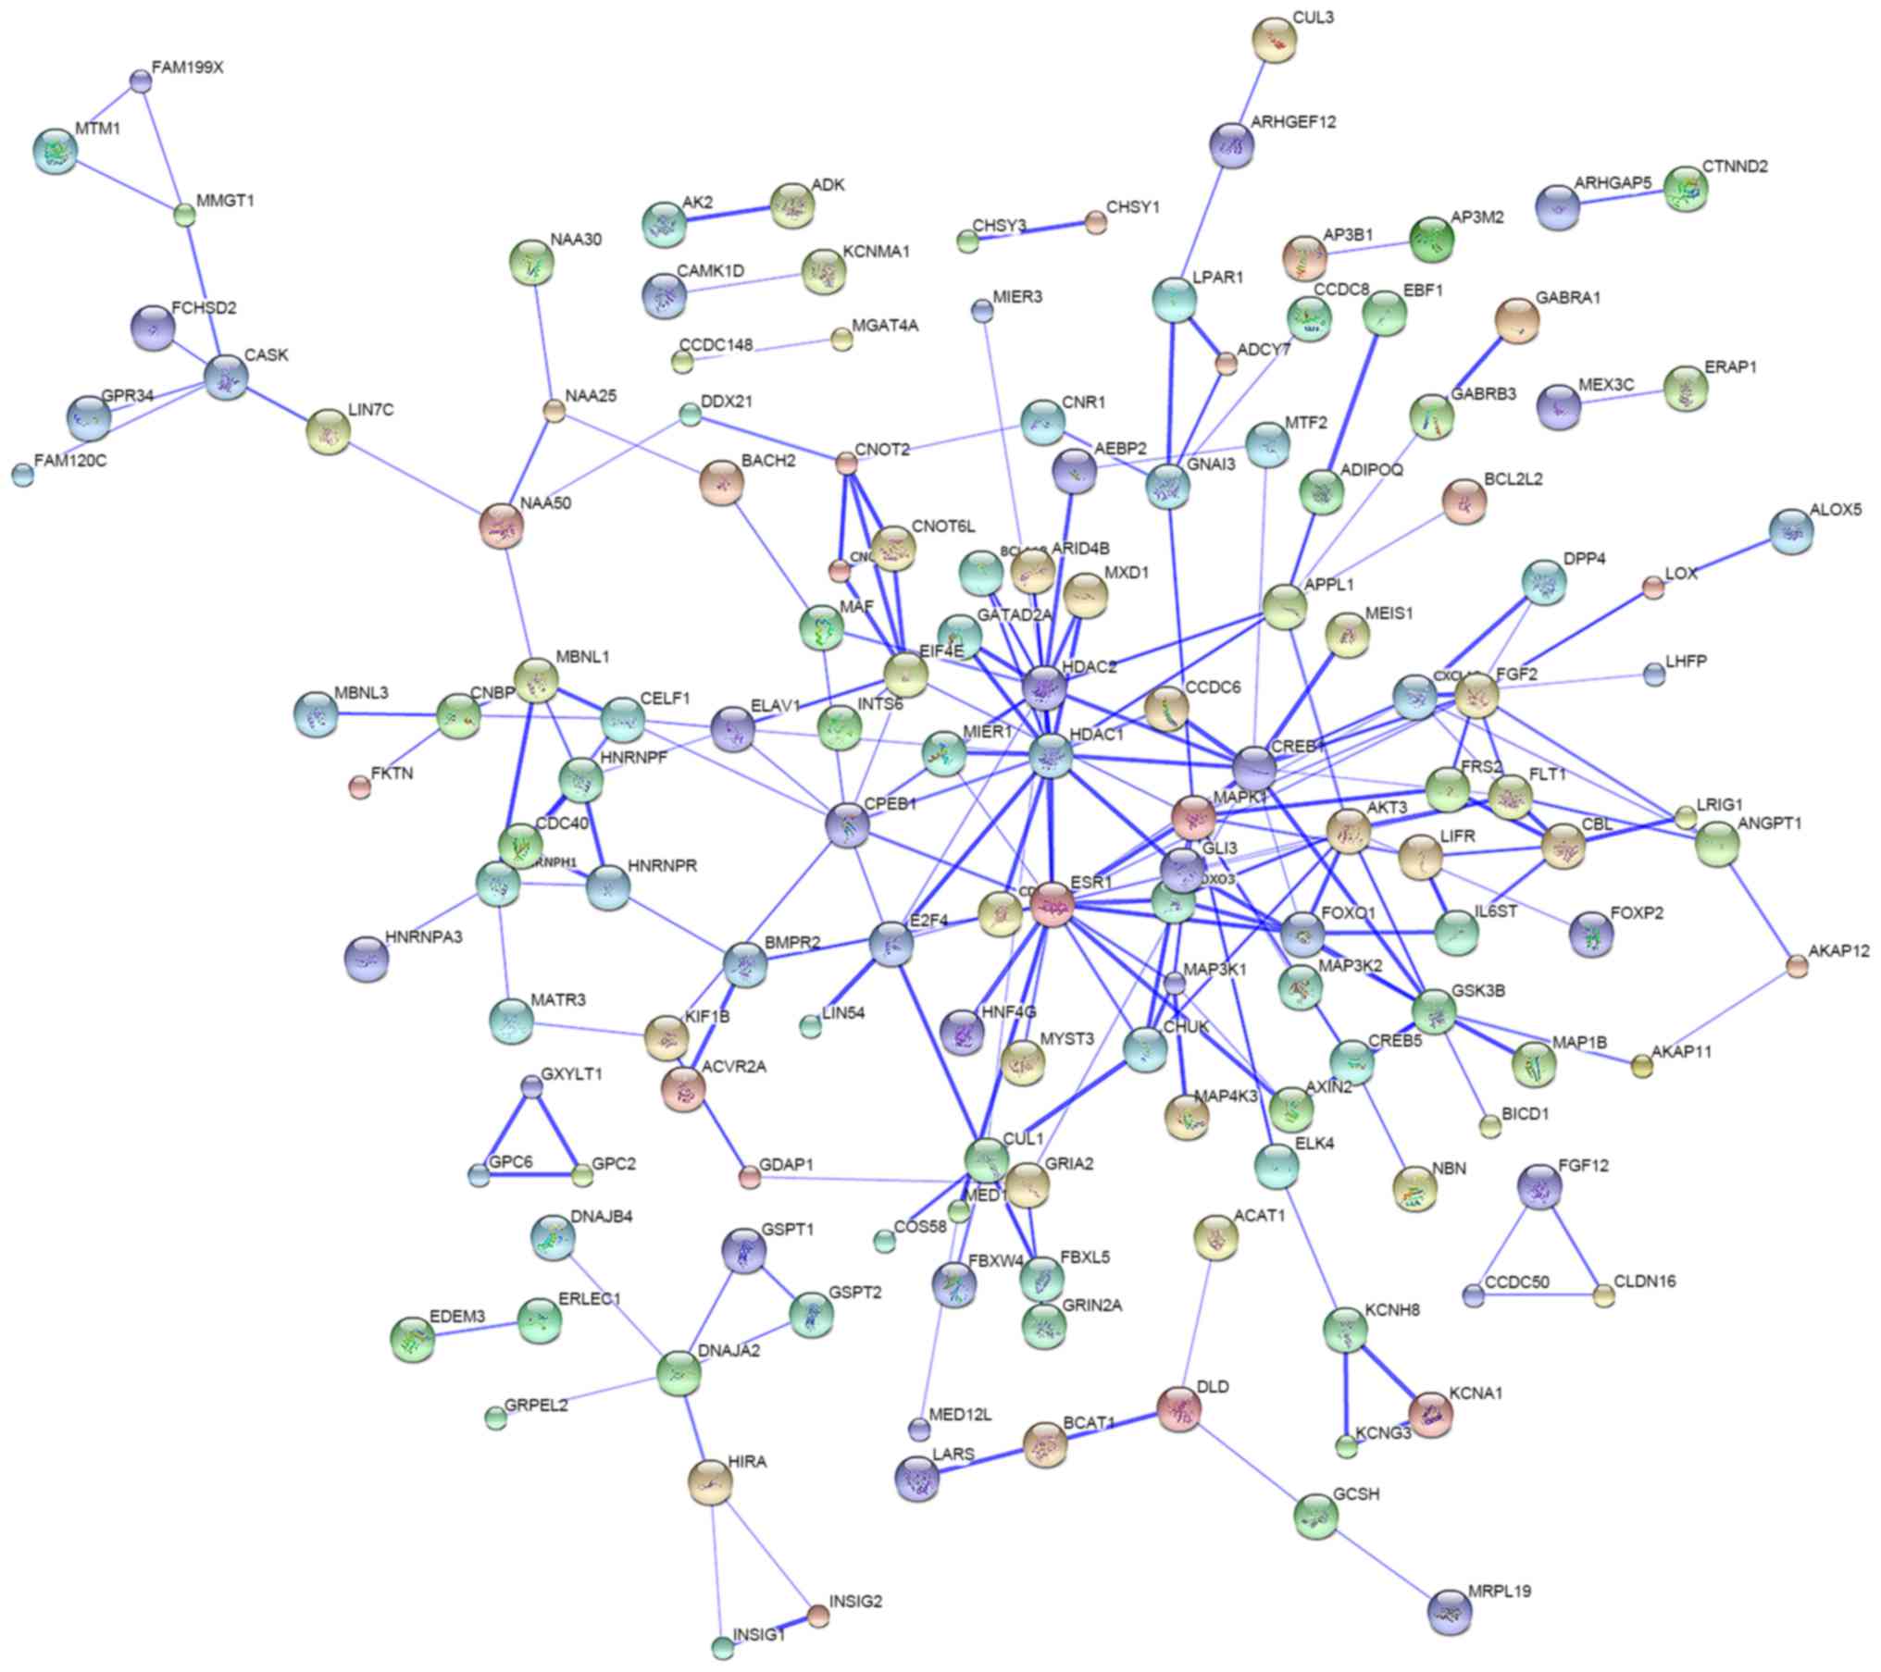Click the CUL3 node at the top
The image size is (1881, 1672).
1275,40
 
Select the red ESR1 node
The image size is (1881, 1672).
1053,904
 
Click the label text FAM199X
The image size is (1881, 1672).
188,68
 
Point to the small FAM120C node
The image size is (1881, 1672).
23,476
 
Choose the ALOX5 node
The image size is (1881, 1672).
1791,531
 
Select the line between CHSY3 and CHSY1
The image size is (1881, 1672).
1031,232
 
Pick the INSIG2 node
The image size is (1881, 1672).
817,1616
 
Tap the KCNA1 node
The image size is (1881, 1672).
1430,1413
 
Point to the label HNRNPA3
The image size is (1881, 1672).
424,937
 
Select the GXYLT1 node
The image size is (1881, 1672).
531,1086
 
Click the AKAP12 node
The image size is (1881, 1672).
1797,967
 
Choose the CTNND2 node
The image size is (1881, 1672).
1686,189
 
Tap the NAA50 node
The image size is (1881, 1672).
502,526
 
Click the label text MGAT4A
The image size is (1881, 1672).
885,326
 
